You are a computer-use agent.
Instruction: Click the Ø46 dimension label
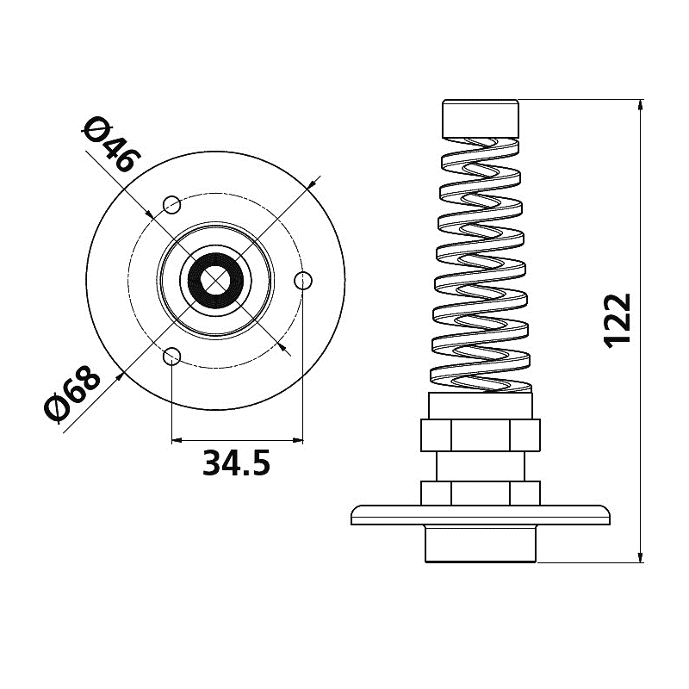(x=113, y=145)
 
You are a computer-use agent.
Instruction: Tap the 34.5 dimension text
(x=236, y=463)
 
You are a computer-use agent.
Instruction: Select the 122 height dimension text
(x=618, y=321)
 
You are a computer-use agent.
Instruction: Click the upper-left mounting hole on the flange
(x=171, y=205)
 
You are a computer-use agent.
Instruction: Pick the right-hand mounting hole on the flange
(x=303, y=281)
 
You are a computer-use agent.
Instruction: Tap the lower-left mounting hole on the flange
(x=171, y=357)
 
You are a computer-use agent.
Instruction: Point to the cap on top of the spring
(x=481, y=119)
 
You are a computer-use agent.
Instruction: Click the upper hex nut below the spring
(x=481, y=436)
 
